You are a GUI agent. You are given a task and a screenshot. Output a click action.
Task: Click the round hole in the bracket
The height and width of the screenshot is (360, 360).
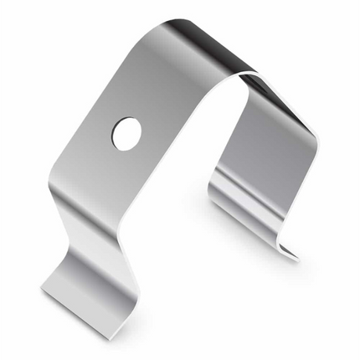pos(127,134)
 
